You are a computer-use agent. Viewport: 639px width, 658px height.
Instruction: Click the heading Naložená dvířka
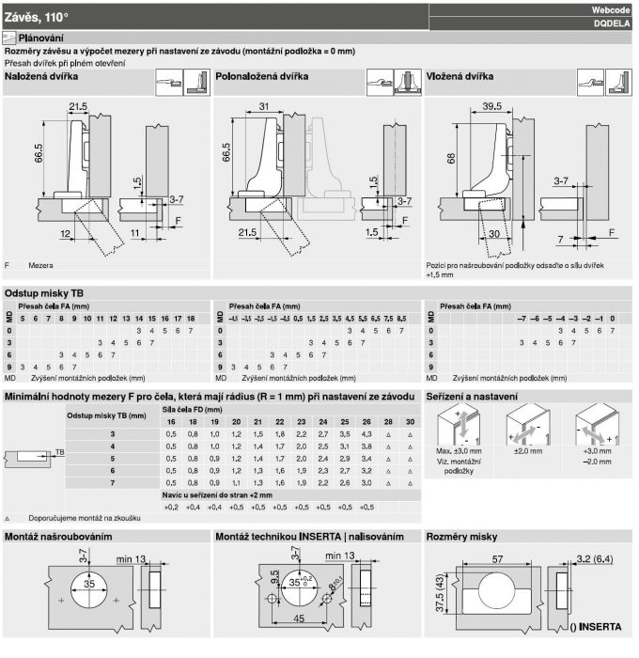coord(41,76)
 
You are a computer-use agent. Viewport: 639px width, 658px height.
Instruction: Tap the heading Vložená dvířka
coord(460,76)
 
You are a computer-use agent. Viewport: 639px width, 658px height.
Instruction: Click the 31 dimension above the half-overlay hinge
coord(261,106)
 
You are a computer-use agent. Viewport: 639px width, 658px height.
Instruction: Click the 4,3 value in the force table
coord(366,433)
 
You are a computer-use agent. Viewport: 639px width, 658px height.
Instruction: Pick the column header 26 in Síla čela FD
coord(366,422)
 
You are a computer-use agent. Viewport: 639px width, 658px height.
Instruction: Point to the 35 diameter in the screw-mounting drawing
coord(87,585)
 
